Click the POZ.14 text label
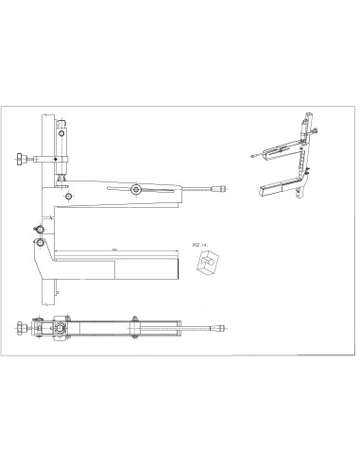(199, 244)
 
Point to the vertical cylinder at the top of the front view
(63, 140)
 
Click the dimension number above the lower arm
(113, 249)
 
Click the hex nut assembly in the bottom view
(60, 330)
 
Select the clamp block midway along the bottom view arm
(134, 327)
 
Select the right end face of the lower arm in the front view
(177, 267)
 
